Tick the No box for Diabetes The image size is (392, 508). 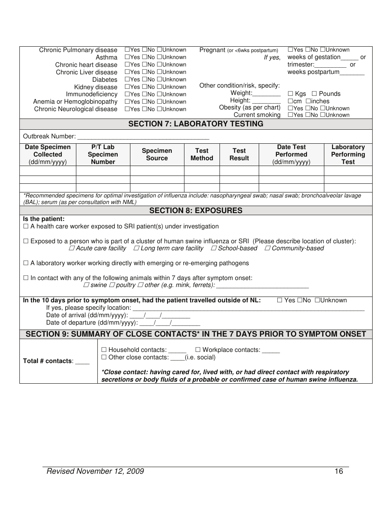click(144, 80)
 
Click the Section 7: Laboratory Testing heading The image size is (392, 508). click(196, 124)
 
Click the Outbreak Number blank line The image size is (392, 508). click(143, 137)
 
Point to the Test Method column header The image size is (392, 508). click(202, 154)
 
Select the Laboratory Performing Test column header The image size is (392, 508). click(348, 154)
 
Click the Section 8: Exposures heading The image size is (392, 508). click(196, 211)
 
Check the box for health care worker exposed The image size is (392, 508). click(26, 227)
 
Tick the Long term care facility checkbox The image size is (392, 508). click(136, 249)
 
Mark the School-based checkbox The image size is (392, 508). click(214, 249)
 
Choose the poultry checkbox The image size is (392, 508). click(111, 285)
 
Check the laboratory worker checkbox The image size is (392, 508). click(26, 263)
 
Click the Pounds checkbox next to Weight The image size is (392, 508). click(314, 94)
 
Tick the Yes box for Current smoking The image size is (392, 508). click(290, 115)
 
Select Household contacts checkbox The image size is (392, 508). click(104, 350)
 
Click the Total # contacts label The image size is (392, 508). click(48, 361)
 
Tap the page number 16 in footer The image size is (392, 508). click(339, 471)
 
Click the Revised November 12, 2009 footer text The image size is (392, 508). click(95, 471)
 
